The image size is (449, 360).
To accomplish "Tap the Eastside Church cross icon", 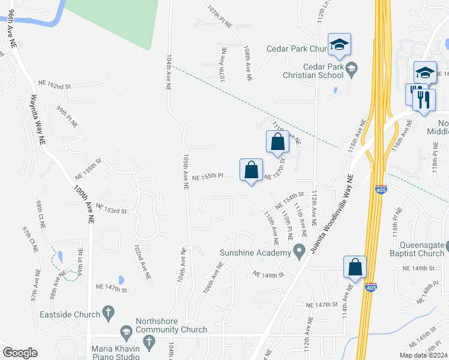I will click(108, 312).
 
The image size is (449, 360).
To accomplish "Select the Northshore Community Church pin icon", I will click(126, 331).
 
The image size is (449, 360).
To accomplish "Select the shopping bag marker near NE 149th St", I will click(355, 267).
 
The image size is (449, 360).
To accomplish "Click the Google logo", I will click(20, 353).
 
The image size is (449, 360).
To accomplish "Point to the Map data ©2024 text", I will click(423, 355).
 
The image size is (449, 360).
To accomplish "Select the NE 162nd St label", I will click(55, 86).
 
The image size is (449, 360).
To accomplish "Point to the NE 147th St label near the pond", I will click(112, 289).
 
